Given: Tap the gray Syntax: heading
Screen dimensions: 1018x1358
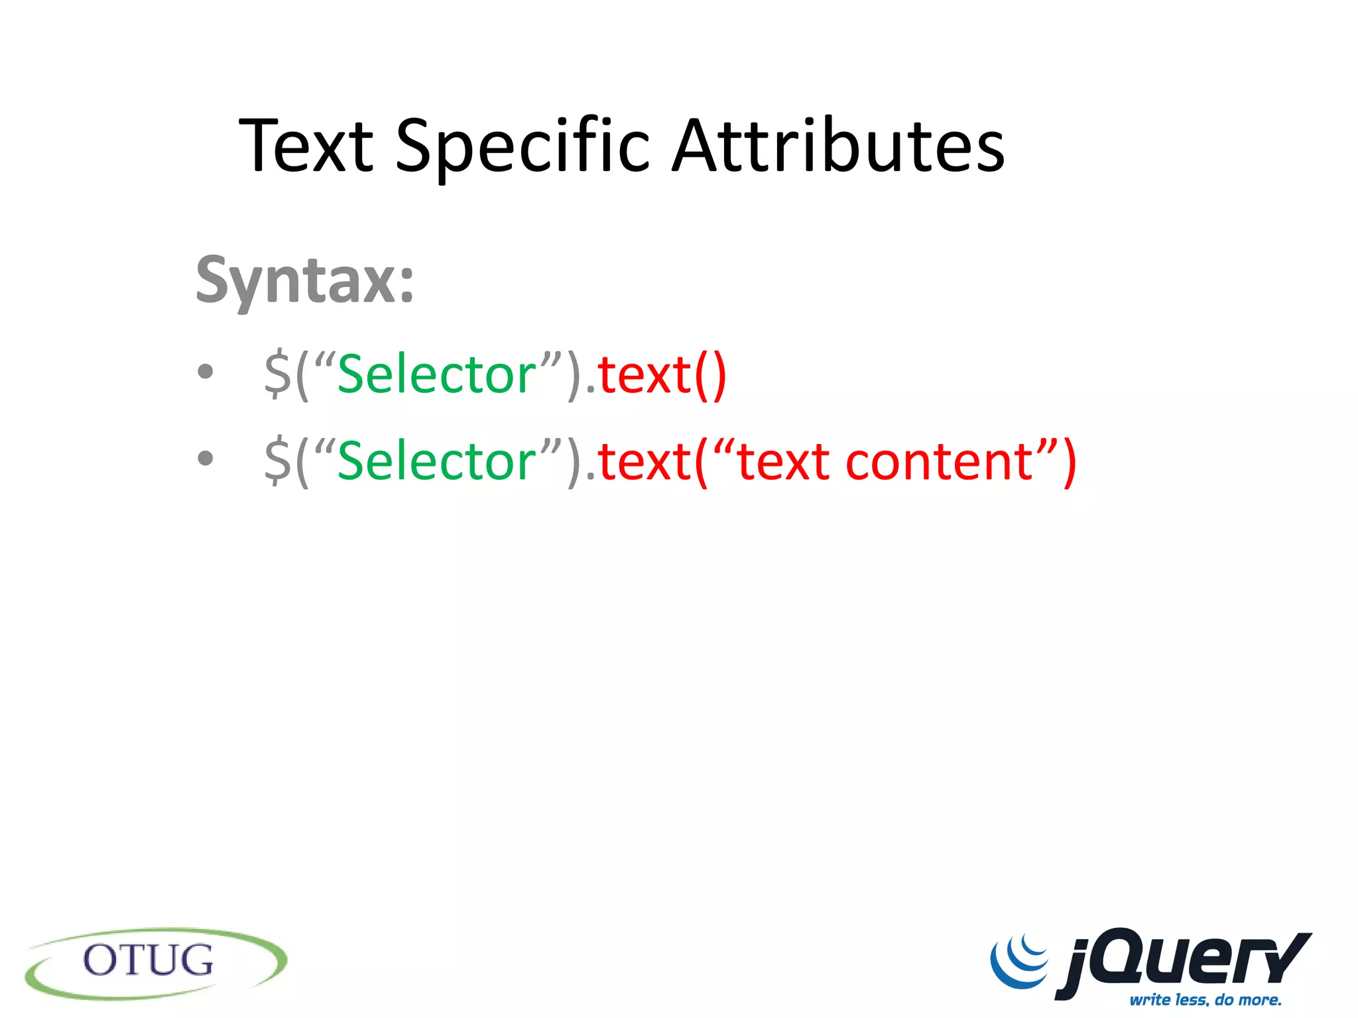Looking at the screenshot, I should pyautogui.click(x=304, y=281).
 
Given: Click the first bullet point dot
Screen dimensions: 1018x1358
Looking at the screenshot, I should pyautogui.click(x=206, y=371).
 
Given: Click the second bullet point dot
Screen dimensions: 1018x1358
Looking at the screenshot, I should pyautogui.click(x=206, y=458).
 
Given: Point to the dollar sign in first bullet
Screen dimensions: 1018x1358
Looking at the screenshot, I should pyautogui.click(x=277, y=374).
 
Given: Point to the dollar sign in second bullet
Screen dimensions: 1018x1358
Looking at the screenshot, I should pyautogui.click(x=277, y=461).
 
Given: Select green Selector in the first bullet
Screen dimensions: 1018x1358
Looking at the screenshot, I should pyautogui.click(x=436, y=375).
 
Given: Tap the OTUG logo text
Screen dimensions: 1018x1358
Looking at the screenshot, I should pyautogui.click(x=149, y=960).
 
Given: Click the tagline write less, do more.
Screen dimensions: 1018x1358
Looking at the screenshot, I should pyautogui.click(x=1205, y=999).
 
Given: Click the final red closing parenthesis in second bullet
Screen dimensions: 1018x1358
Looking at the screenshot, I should pyautogui.click(x=1069, y=462).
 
